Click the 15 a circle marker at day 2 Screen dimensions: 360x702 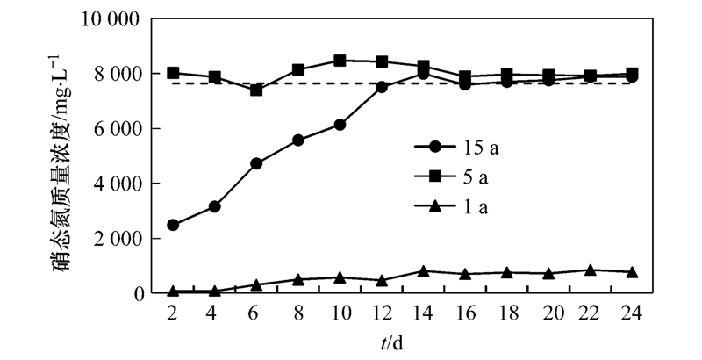[x=173, y=225]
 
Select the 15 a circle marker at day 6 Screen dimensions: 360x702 [x=256, y=163]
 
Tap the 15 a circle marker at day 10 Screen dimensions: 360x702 [x=340, y=125]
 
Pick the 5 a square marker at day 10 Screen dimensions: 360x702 [x=340, y=61]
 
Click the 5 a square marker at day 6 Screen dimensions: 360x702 [x=256, y=90]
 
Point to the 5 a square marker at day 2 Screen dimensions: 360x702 [x=173, y=73]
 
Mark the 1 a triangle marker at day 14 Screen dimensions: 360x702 [x=423, y=271]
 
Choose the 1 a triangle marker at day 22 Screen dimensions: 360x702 [x=591, y=270]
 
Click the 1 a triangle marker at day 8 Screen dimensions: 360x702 [x=298, y=280]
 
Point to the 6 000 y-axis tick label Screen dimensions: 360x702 [x=121, y=129]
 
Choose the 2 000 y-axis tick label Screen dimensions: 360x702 [x=121, y=239]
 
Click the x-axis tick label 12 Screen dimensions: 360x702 [x=381, y=313]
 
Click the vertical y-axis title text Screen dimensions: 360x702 [x=67, y=158]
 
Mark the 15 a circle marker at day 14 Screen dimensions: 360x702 [x=423, y=74]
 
